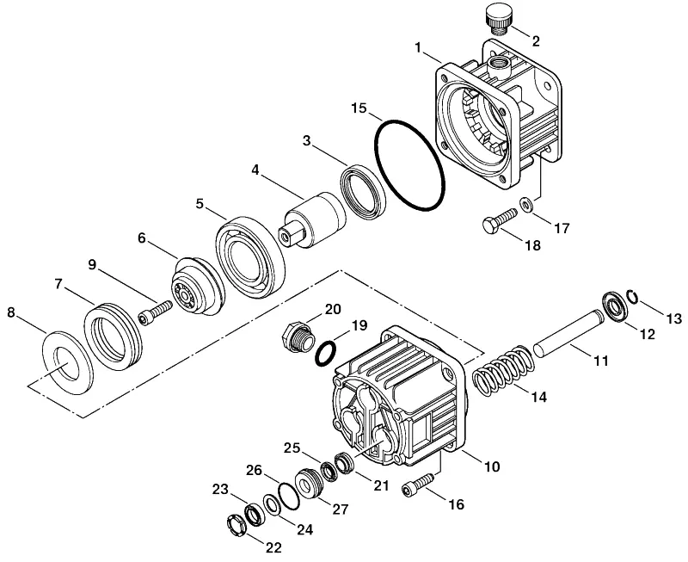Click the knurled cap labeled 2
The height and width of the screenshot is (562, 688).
496,20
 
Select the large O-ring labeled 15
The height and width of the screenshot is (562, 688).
377,145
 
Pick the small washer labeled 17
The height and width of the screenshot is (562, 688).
525,204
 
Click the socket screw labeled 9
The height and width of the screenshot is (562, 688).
156,312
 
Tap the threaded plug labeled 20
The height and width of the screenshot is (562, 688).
298,339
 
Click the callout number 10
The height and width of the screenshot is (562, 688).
492,466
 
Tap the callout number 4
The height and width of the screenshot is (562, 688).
255,170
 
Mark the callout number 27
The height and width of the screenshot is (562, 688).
340,509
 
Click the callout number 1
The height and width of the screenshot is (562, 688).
418,47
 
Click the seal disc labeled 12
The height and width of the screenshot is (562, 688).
614,306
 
